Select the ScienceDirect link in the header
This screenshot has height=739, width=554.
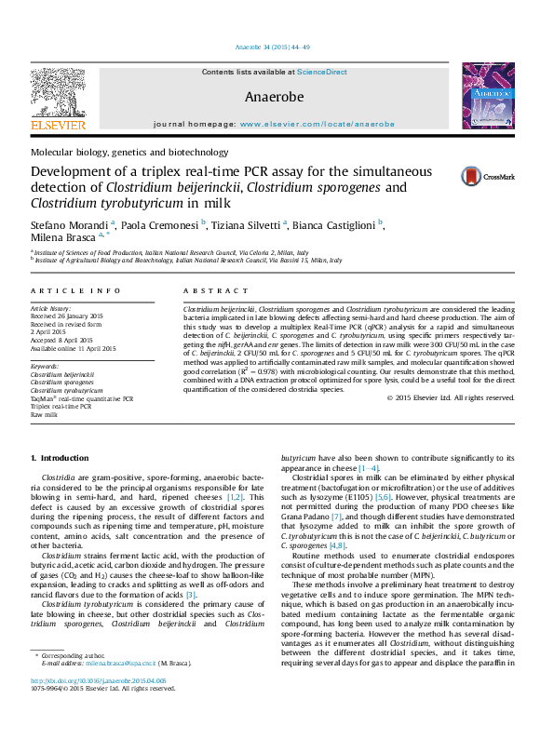(322, 72)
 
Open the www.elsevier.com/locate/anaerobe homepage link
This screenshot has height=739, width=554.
(317, 124)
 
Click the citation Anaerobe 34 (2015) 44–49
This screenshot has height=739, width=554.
(277, 47)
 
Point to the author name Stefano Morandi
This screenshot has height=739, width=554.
(69, 226)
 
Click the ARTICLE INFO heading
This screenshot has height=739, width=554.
(75, 291)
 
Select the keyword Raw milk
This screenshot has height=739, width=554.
(44, 415)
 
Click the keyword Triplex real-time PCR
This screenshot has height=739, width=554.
(61, 407)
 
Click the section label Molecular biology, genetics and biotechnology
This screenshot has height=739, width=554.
(129, 152)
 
